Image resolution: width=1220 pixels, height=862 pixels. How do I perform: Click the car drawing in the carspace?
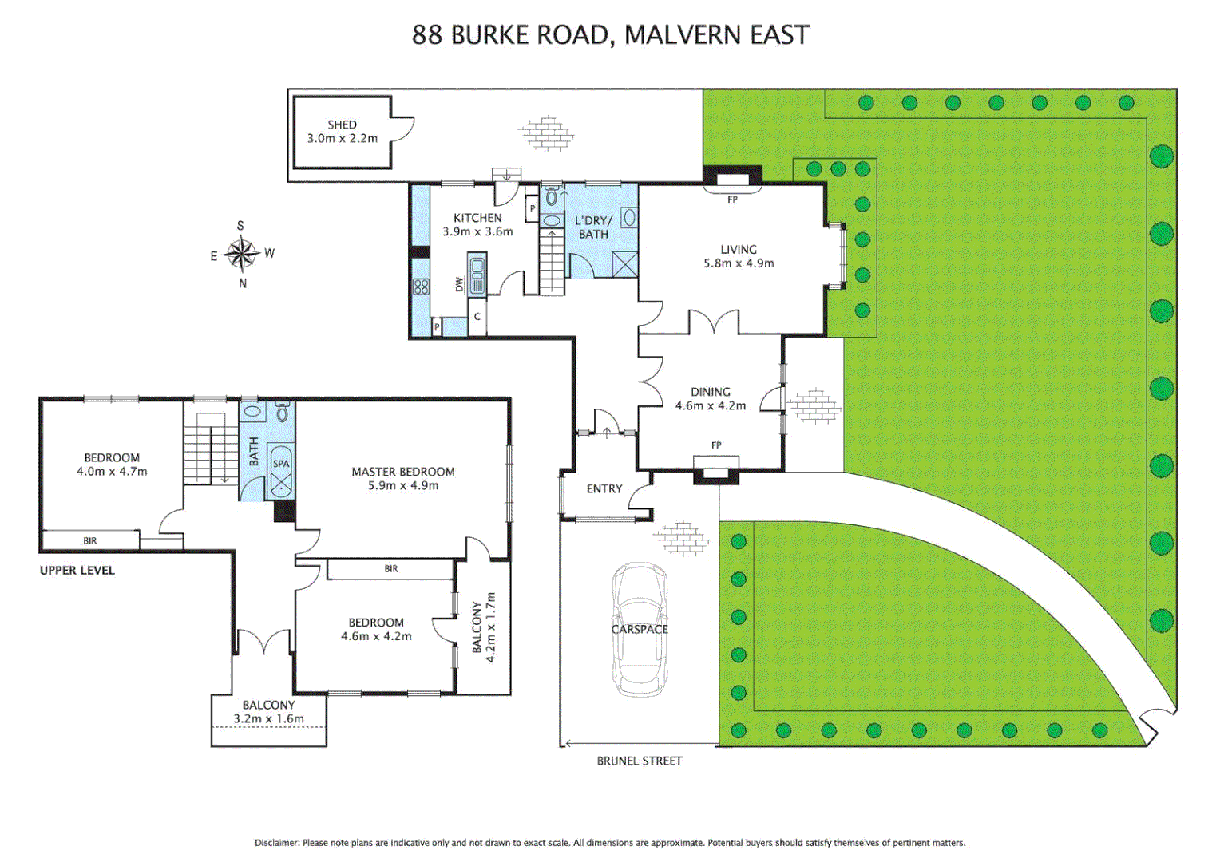639,629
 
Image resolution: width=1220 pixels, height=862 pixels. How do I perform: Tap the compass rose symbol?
241,254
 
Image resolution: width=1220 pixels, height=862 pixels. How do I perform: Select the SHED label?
342,125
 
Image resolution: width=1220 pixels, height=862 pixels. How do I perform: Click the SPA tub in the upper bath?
281,473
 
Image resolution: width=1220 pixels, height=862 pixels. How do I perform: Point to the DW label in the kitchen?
459,283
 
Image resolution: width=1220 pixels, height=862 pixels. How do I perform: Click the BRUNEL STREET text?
639,761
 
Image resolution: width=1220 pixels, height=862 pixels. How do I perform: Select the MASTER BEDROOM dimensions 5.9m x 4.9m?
402,485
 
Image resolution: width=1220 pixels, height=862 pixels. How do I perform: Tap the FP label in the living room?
732,200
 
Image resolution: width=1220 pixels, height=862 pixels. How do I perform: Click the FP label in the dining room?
716,445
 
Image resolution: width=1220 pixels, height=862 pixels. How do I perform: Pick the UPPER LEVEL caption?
77,570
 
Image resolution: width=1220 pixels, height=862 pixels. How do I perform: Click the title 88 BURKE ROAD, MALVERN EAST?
610,35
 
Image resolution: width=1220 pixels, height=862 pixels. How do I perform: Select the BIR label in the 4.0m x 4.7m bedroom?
90,540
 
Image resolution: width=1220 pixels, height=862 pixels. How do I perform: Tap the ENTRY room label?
604,488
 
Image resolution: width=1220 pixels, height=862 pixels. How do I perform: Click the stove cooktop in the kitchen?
421,287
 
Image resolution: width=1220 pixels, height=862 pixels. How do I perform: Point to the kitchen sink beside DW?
477,274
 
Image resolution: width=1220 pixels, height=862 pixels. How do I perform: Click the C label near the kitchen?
477,317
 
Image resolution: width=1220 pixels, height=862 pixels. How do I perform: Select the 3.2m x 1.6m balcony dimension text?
268,718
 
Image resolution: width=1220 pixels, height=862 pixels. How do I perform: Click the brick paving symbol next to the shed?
546,132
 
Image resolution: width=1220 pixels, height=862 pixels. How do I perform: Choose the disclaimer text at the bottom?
610,842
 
